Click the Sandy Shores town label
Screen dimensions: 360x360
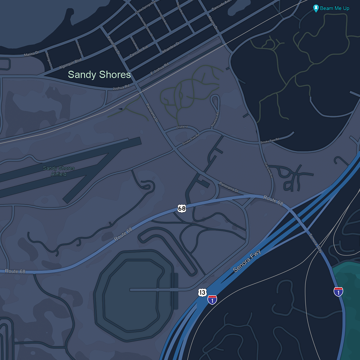pyautogui.click(x=99, y=75)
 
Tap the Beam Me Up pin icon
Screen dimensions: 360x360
pyautogui.click(x=316, y=8)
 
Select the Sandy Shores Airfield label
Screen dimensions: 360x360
pyautogui.click(x=59, y=171)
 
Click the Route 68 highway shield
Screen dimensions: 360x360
pyautogui.click(x=182, y=208)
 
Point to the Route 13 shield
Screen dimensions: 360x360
pyautogui.click(x=202, y=292)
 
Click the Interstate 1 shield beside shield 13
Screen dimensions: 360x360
pyautogui.click(x=212, y=300)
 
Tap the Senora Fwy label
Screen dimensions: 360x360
pyautogui.click(x=247, y=261)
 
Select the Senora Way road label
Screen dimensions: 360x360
pyautogui.click(x=315, y=243)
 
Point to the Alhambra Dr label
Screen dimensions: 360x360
pyautogui.click(x=171, y=48)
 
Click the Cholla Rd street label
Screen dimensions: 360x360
pyautogui.click(x=182, y=127)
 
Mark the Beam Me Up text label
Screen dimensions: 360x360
pyautogui.click(x=335, y=8)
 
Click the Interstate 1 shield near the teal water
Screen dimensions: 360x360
pyautogui.click(x=338, y=291)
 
